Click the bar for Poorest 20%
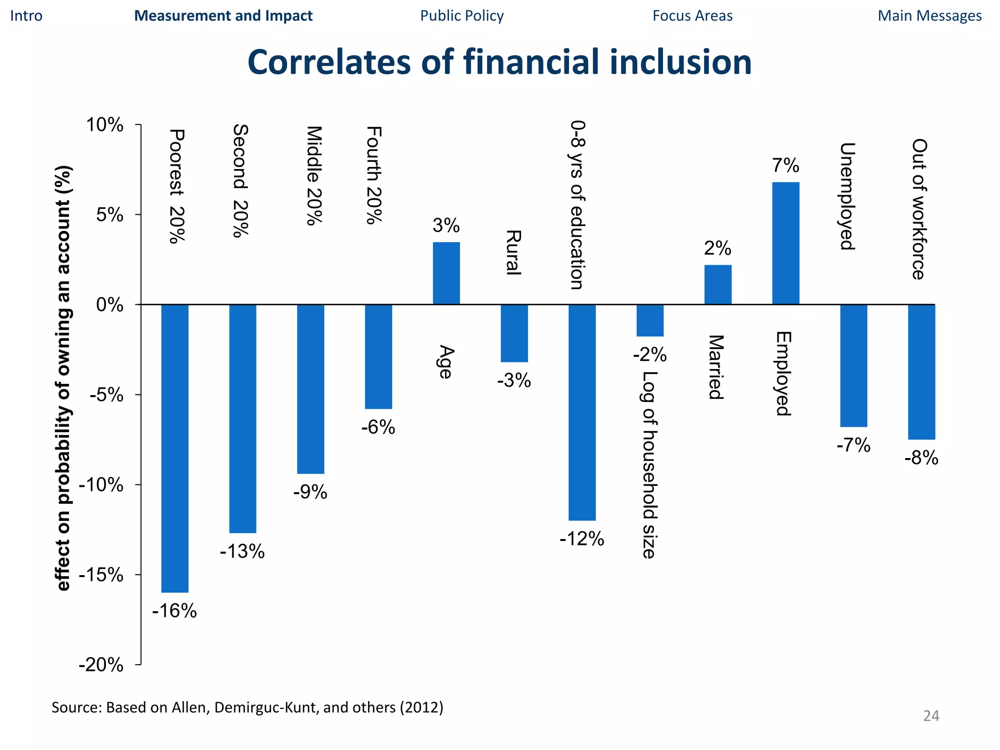tap(175, 448)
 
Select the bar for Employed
tap(786, 243)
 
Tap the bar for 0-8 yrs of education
tap(582, 412)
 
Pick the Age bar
tap(446, 273)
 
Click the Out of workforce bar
tap(921, 372)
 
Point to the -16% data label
tap(174, 611)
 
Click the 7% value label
tap(786, 166)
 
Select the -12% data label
tap(582, 539)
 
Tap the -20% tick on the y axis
tap(101, 665)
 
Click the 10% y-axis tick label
tap(104, 125)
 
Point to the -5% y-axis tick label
tap(106, 395)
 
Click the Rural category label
tap(513, 252)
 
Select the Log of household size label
tap(649, 464)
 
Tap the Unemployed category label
tap(847, 196)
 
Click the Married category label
tap(716, 367)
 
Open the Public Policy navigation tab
tap(462, 16)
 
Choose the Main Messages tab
tap(930, 16)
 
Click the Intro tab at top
tap(26, 16)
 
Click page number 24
tap(931, 716)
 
